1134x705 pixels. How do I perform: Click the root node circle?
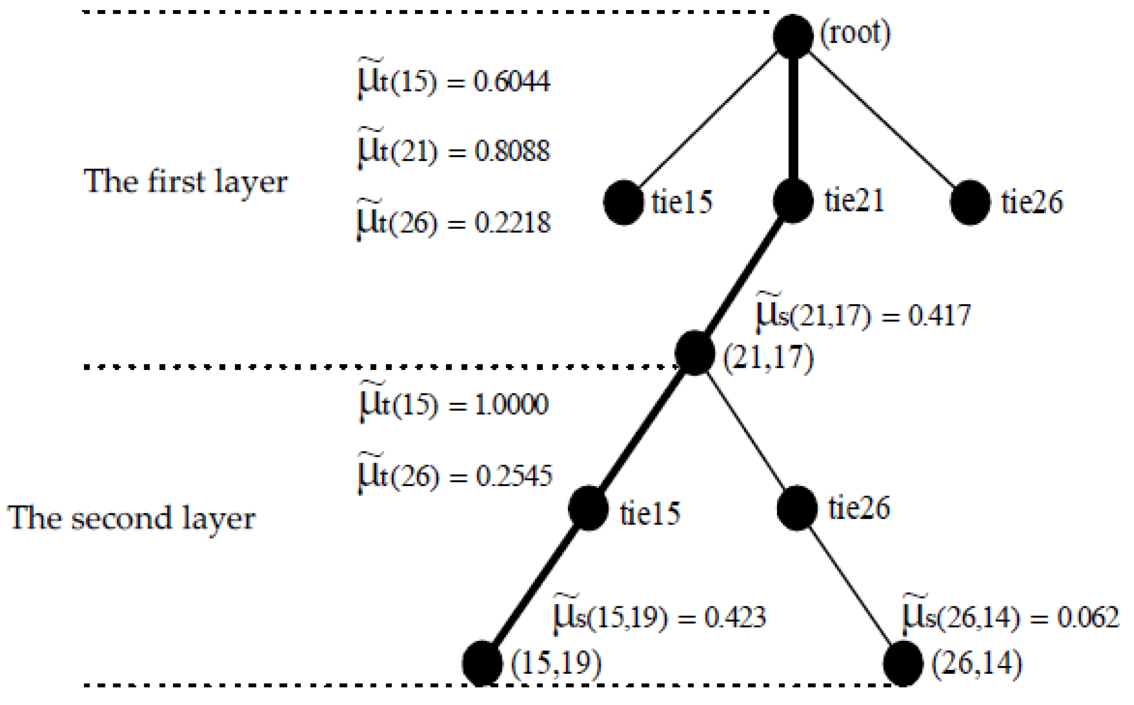click(792, 36)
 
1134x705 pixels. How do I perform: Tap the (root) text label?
click(855, 34)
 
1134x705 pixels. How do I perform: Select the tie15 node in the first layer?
click(624, 202)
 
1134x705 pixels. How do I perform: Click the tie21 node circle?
click(792, 201)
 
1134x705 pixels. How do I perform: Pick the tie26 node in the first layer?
click(970, 202)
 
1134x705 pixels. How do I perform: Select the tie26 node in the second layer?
click(797, 508)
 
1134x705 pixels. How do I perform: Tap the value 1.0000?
click(511, 404)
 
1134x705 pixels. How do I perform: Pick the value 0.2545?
click(513, 476)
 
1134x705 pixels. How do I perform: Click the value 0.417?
click(939, 315)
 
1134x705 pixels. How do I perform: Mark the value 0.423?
click(735, 617)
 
